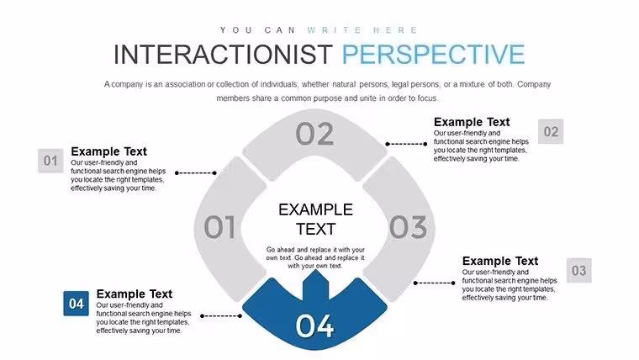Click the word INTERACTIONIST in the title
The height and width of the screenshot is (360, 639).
[x=223, y=54]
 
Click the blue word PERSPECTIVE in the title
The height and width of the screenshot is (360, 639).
[x=433, y=54]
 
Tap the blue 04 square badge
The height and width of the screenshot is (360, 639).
[x=77, y=304]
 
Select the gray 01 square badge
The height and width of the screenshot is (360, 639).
[x=50, y=161]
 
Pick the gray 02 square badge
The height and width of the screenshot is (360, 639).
[x=551, y=131]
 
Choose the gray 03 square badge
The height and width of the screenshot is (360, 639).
[x=578, y=270]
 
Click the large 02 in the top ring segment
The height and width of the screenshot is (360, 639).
[x=314, y=134]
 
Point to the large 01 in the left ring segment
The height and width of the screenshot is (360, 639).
[x=219, y=226]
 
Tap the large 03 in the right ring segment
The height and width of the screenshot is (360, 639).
[x=408, y=226]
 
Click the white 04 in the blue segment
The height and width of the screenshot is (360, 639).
[x=314, y=326]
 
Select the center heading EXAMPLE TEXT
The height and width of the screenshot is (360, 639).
[x=315, y=220]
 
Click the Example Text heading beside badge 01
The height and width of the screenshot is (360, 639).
[x=108, y=151]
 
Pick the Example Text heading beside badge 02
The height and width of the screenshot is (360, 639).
[x=472, y=122]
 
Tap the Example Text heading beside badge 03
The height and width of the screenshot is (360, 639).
[x=500, y=261]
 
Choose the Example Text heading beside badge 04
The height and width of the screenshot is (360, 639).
[x=134, y=294]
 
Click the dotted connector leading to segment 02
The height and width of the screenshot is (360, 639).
[x=406, y=144]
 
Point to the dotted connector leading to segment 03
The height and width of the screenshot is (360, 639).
[x=434, y=283]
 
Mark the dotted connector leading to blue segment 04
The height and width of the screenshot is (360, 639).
[x=221, y=316]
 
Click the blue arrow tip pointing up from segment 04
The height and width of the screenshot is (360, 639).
[x=315, y=270]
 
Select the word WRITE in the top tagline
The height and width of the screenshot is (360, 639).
[x=334, y=30]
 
